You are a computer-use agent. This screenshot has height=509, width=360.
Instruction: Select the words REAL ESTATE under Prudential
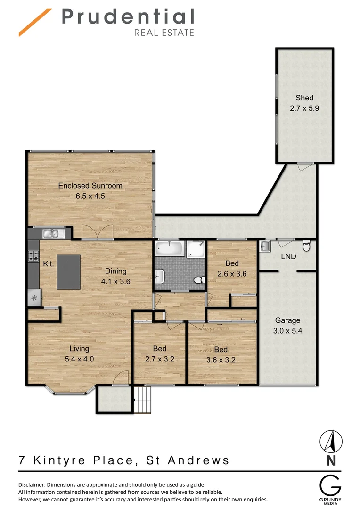pos(164,33)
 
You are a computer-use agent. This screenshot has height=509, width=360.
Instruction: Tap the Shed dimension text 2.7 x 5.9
pos(304,108)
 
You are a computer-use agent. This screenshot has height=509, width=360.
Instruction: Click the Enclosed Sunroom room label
pos(90,186)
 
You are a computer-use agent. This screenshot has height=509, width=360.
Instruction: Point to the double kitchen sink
pos(49,233)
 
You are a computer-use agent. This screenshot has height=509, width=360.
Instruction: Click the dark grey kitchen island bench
pos(68,272)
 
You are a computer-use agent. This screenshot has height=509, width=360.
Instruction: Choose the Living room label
pos(79,349)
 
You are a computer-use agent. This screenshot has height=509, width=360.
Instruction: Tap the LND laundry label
pos(288,256)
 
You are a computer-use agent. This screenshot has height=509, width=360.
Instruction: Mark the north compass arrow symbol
pos(331,442)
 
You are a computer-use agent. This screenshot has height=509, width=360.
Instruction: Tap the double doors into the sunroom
pos(97,231)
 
